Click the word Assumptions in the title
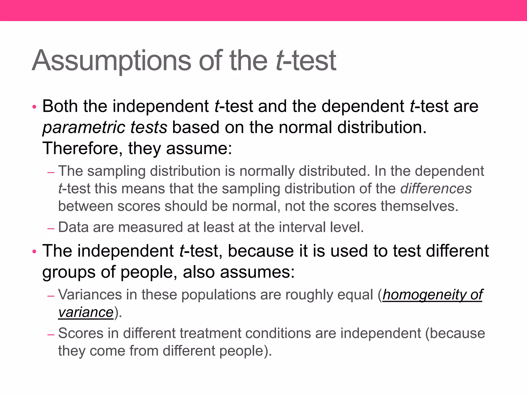(111, 61)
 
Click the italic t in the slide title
(279, 61)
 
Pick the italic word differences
(436, 188)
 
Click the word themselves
(419, 206)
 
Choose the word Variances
(90, 295)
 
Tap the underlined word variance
(86, 312)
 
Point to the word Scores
(81, 334)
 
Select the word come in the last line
(107, 351)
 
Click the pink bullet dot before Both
(34, 106)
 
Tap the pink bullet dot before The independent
(34, 251)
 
